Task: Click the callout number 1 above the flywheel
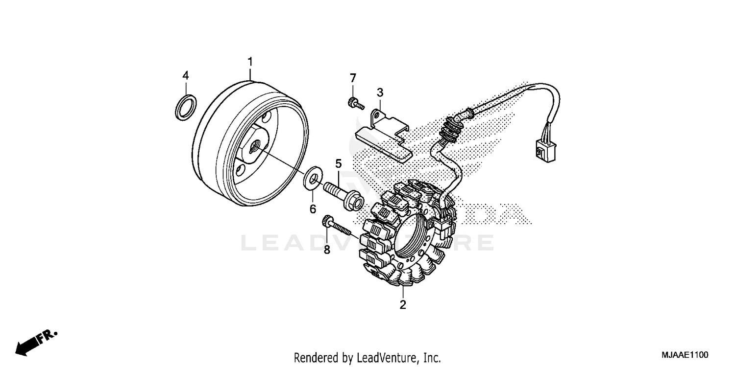[x=250, y=62]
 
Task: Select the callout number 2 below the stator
[x=403, y=305]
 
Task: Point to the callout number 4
[x=185, y=75]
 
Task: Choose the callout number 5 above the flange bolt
[x=338, y=163]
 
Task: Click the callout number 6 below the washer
[x=312, y=209]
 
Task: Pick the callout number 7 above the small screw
[x=353, y=78]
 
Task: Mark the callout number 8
[x=327, y=250]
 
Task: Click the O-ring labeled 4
[x=186, y=107]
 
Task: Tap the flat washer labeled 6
[x=312, y=179]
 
